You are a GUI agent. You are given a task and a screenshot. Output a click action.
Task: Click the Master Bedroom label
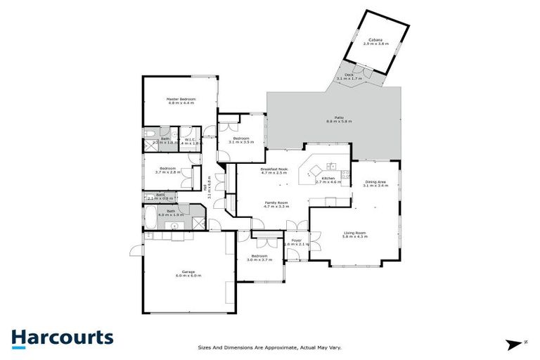tap(181, 99)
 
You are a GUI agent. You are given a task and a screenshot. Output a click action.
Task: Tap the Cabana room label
tap(375, 40)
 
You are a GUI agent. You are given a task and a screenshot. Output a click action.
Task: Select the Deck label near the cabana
tap(349, 75)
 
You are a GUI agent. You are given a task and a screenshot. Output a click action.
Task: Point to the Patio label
tap(339, 118)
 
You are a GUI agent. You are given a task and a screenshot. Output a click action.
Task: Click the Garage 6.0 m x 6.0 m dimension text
tap(188, 276)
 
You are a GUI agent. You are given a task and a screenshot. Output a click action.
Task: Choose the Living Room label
tap(355, 233)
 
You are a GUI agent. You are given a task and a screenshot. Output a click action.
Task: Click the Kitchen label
tap(328, 179)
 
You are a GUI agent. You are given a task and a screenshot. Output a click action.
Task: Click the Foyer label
tap(297, 240)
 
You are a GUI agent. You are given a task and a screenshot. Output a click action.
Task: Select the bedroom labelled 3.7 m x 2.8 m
tap(167, 168)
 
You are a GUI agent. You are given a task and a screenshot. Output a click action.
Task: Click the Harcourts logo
tap(62, 338)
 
